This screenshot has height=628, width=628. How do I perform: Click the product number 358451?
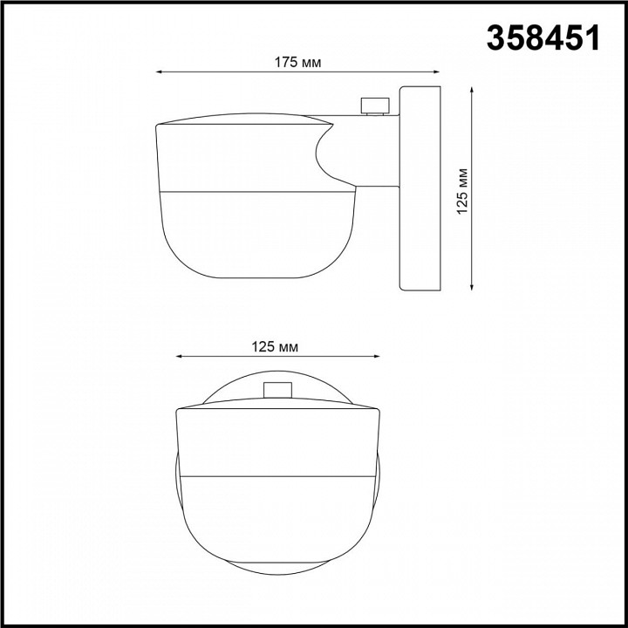click(x=543, y=38)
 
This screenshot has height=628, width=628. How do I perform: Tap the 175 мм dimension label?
click(x=297, y=63)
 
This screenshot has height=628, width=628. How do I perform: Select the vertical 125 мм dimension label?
click(x=462, y=191)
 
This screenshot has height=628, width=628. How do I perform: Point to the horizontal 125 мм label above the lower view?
click(x=275, y=347)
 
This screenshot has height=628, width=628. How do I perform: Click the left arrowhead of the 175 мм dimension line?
click(x=159, y=72)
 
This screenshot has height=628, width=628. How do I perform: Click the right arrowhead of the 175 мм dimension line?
click(x=437, y=72)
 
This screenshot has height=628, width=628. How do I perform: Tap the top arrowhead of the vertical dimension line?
click(x=472, y=90)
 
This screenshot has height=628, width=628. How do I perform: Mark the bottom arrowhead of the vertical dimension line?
click(x=472, y=286)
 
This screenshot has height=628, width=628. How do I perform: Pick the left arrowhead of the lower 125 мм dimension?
click(x=179, y=356)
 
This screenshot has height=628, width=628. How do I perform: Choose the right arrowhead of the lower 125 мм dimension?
click(x=377, y=356)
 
